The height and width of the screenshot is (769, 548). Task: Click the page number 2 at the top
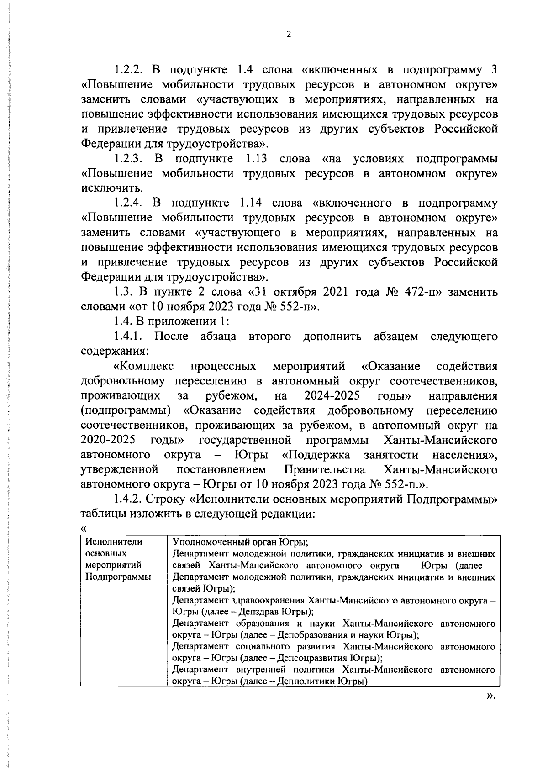click(288, 35)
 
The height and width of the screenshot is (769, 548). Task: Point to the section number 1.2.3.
click(129, 159)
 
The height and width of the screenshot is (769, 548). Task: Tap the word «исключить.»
click(105, 188)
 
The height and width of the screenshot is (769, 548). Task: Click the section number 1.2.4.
click(129, 203)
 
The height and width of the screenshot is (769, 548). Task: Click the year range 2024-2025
click(332, 396)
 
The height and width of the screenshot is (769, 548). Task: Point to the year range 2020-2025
click(108, 440)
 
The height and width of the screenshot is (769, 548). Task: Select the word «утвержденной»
click(119, 470)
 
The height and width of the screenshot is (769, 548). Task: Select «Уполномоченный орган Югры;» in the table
click(240, 542)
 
